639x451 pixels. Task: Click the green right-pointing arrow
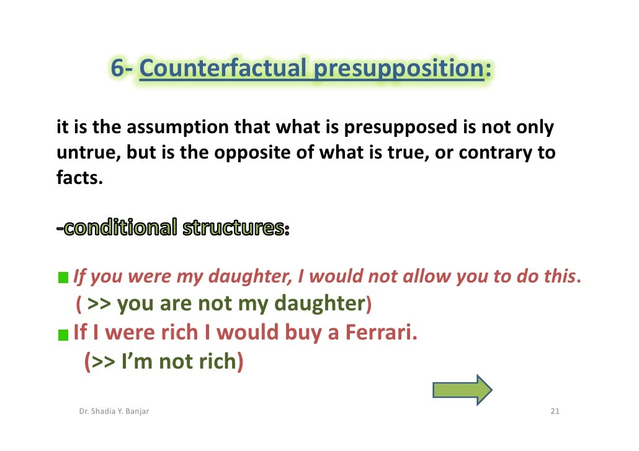[x=462, y=390]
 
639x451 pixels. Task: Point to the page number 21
[x=555, y=412]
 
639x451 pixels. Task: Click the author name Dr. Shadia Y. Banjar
[x=114, y=412]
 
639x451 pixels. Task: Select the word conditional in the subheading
[x=122, y=229]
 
